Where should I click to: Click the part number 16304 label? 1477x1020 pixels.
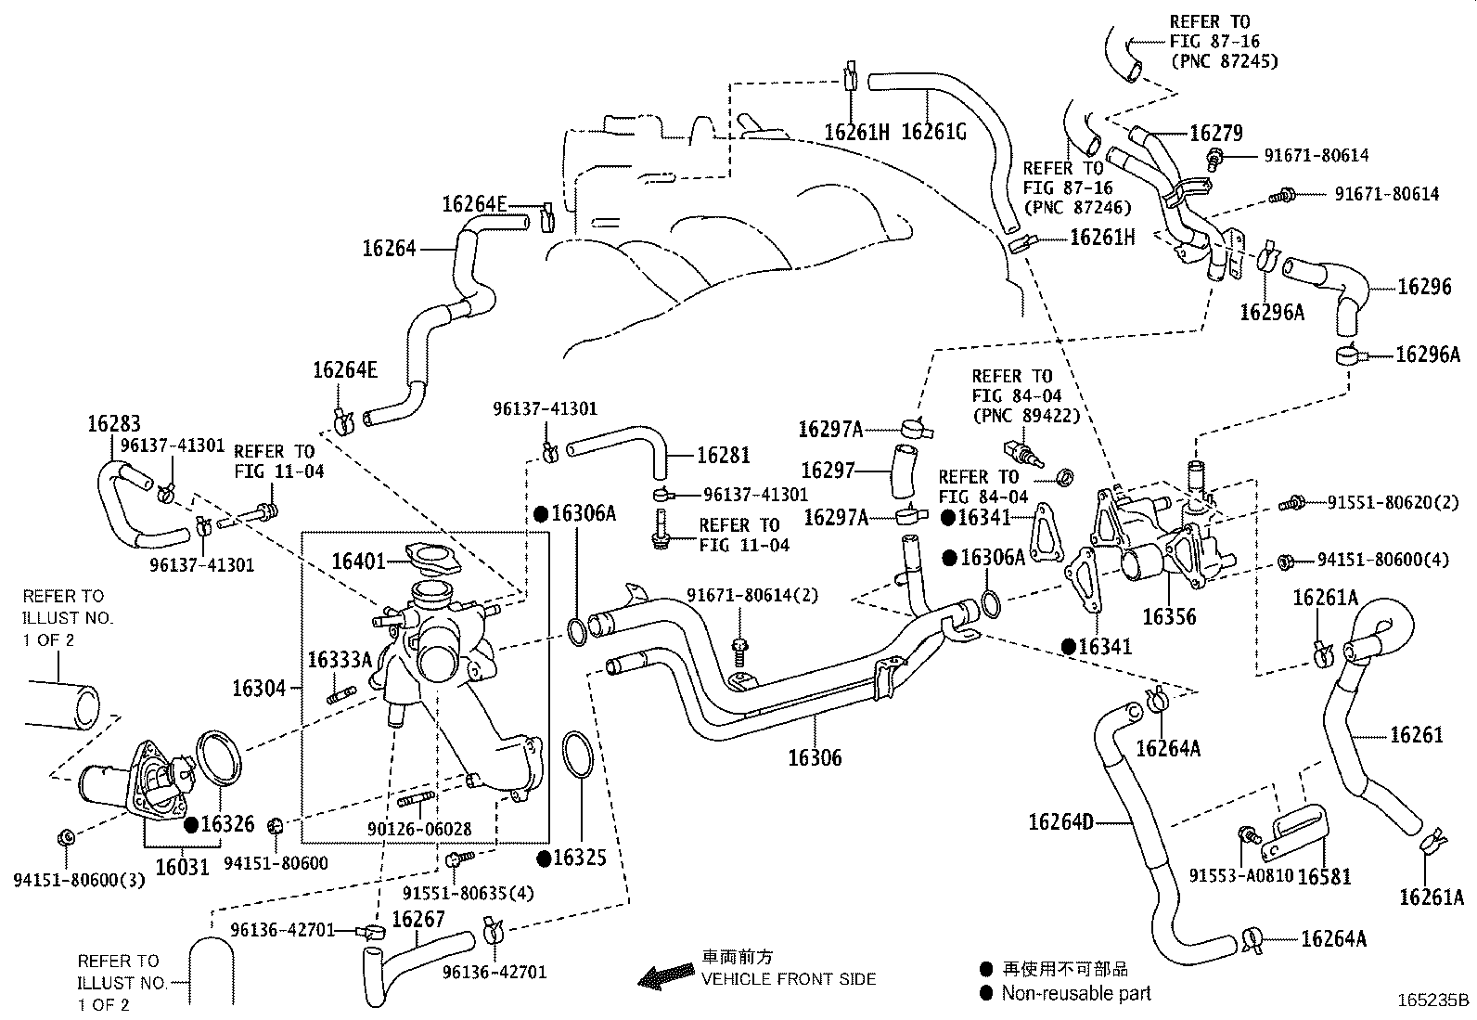point(260,688)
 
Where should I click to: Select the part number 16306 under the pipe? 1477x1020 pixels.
point(815,757)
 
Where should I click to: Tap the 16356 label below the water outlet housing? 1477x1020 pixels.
point(1169,617)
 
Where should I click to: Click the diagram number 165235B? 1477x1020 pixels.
point(1434,1001)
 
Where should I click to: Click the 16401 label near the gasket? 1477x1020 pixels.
point(359,561)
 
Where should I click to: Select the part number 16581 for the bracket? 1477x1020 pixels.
point(1324,876)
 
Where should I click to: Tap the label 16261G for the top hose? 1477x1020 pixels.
point(933,133)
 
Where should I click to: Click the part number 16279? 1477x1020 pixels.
point(1215,133)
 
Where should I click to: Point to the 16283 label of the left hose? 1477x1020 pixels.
point(113,424)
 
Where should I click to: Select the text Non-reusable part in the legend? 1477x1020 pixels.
point(1076,993)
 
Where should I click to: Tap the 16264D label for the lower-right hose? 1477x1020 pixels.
point(1060,821)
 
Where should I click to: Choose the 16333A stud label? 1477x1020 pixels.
point(340,660)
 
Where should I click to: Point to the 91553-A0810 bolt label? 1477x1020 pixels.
point(1241,876)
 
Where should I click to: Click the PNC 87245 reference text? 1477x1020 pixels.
point(1224,61)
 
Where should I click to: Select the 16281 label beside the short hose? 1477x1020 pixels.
point(723,455)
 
